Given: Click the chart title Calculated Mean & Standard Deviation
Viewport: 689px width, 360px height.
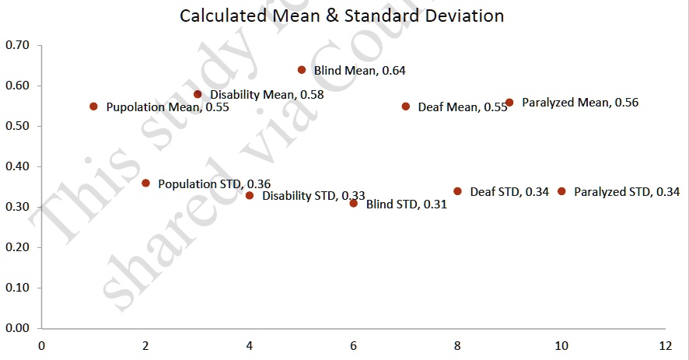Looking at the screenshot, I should coord(341,16).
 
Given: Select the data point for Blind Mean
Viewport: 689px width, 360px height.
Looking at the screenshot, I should coord(302,70).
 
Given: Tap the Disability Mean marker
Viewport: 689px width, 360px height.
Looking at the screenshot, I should coord(198,94).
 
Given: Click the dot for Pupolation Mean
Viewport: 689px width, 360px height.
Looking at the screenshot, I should coord(93,107).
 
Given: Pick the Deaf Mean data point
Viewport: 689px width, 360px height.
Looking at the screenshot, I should coord(406,107).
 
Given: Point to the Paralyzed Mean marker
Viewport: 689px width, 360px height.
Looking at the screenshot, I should coord(509,103).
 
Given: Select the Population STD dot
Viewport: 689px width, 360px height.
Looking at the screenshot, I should coord(145,183).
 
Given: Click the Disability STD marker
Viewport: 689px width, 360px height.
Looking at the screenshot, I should coord(250,196).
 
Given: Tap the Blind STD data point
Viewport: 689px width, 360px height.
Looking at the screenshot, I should coord(354,204).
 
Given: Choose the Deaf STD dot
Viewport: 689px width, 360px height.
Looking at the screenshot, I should coord(457,191).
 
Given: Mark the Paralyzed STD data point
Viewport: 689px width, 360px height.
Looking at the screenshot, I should coord(561,191).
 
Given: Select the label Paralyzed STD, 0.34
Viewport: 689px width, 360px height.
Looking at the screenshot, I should coord(627,192).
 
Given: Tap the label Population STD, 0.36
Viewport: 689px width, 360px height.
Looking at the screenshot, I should coord(215,184).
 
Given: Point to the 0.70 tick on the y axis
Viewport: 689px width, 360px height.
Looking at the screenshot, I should coord(17,46).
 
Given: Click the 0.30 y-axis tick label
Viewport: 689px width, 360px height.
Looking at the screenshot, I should coord(17,208).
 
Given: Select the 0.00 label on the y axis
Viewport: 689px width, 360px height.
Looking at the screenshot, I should coord(17,328).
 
